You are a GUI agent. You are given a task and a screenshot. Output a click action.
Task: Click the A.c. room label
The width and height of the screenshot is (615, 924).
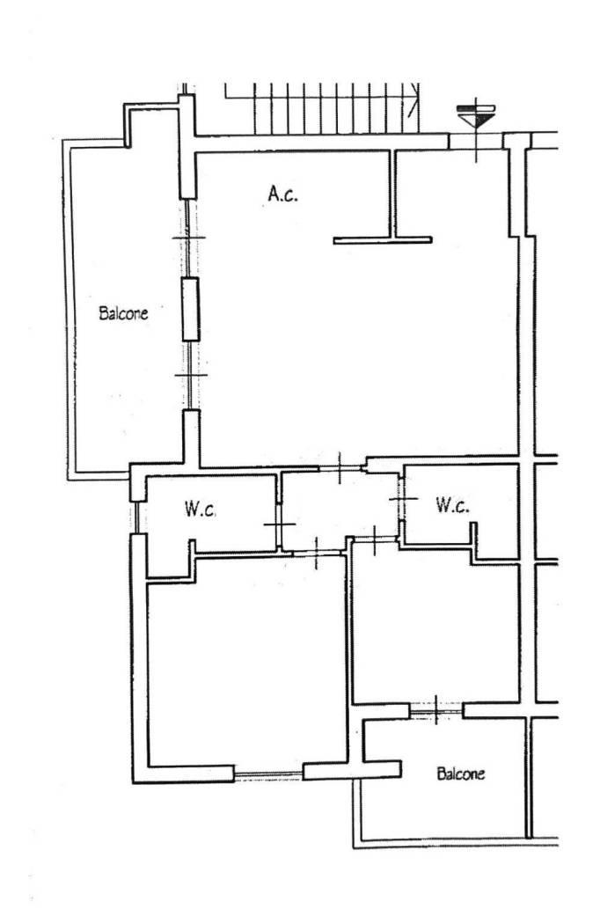(282, 194)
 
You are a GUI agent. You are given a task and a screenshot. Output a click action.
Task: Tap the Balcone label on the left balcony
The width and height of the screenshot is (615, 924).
(123, 312)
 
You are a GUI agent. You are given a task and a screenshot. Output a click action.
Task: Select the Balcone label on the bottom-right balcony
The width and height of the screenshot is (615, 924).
(461, 774)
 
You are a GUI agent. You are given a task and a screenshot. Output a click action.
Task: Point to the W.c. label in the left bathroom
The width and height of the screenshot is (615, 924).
(201, 509)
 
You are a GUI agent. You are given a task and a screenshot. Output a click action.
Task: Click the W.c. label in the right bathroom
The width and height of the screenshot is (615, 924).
(452, 504)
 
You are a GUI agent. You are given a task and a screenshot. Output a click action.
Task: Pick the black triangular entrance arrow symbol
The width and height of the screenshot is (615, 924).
(476, 121)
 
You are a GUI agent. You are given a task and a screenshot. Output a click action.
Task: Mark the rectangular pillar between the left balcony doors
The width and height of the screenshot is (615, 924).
(190, 310)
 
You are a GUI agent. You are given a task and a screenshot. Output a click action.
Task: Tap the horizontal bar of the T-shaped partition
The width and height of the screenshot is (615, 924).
(383, 240)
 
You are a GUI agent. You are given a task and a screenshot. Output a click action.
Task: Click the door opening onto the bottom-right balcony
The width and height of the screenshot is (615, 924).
(436, 710)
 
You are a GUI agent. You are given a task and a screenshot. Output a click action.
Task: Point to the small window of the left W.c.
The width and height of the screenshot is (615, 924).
(136, 517)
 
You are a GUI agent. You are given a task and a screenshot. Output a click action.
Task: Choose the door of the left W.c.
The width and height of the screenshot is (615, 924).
(279, 524)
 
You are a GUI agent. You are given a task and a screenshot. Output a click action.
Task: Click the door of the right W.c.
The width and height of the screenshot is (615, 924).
(402, 499)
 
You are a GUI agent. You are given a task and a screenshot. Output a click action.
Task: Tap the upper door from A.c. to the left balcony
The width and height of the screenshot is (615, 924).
(188, 238)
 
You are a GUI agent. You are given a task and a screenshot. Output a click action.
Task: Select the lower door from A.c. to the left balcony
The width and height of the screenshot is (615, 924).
(190, 375)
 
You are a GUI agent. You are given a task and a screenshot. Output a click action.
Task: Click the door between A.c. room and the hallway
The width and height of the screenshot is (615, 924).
(340, 468)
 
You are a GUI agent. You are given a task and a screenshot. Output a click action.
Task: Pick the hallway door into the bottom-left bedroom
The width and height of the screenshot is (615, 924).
(317, 553)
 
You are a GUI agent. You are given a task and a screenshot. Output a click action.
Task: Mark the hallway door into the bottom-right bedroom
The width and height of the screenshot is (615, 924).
(375, 538)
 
